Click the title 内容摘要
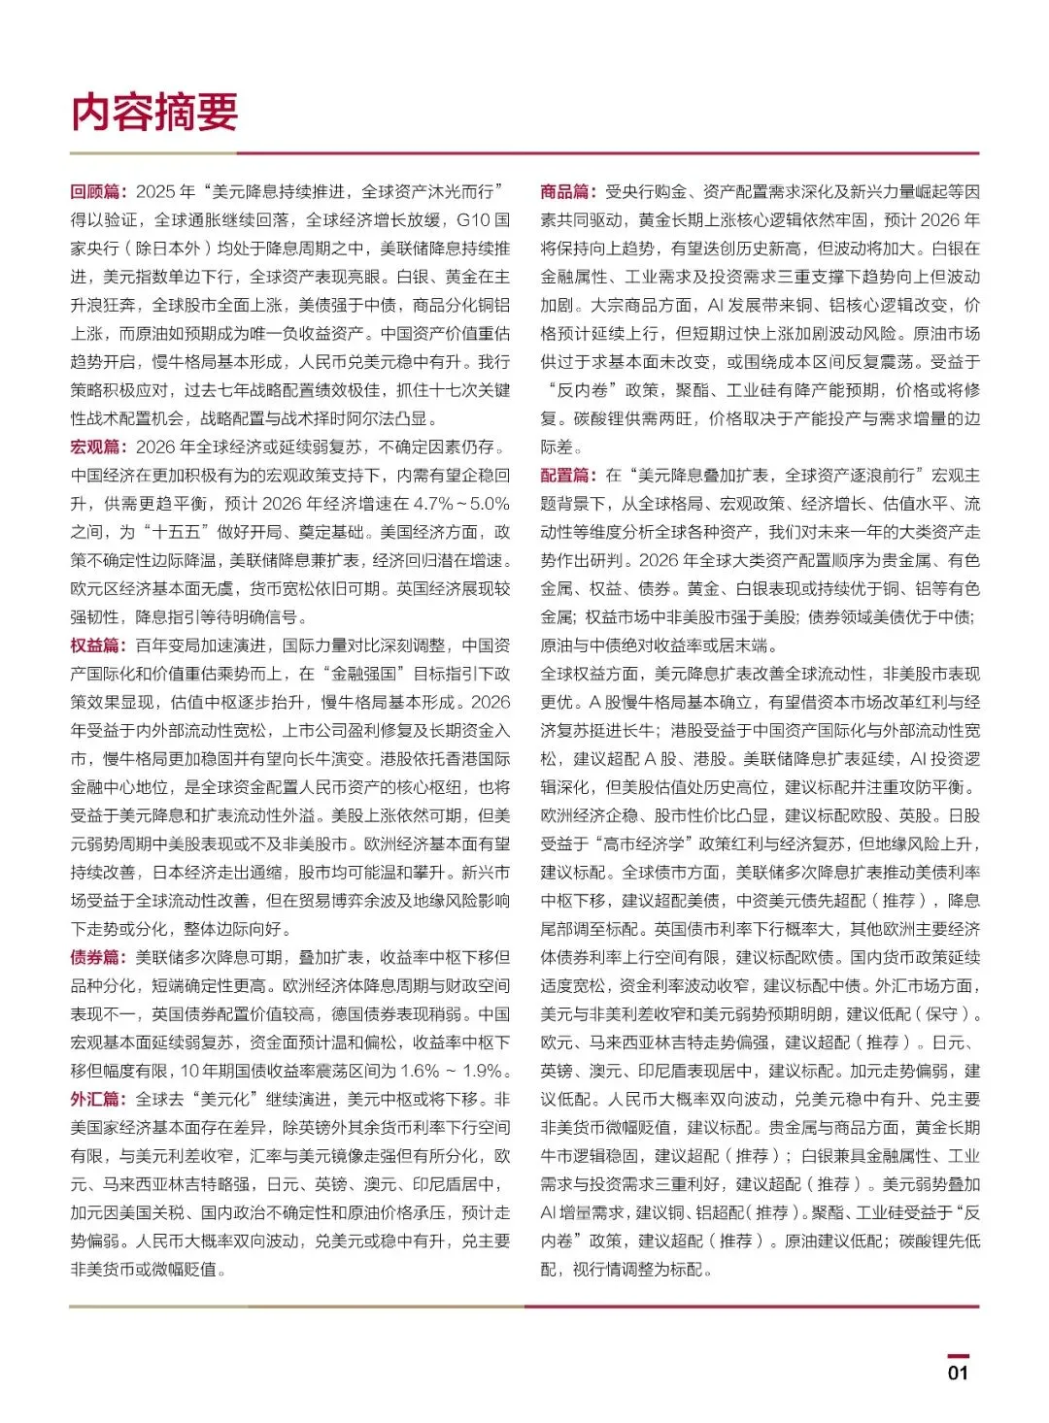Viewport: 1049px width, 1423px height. coord(154,113)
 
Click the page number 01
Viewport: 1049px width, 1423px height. coord(958,1373)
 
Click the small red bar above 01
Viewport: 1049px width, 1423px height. coord(958,1356)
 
